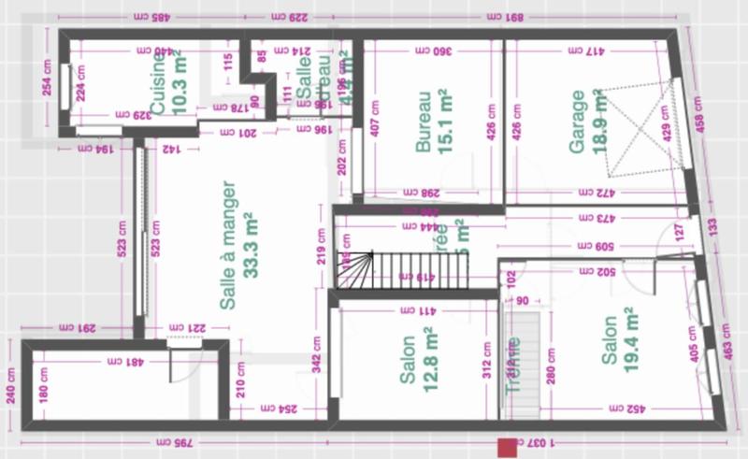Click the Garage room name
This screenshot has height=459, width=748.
tap(577, 122)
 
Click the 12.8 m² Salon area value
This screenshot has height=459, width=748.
tap(430, 359)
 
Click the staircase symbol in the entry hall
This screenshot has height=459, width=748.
tap(355, 270)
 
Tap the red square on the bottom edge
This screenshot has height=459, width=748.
tap(508, 448)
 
